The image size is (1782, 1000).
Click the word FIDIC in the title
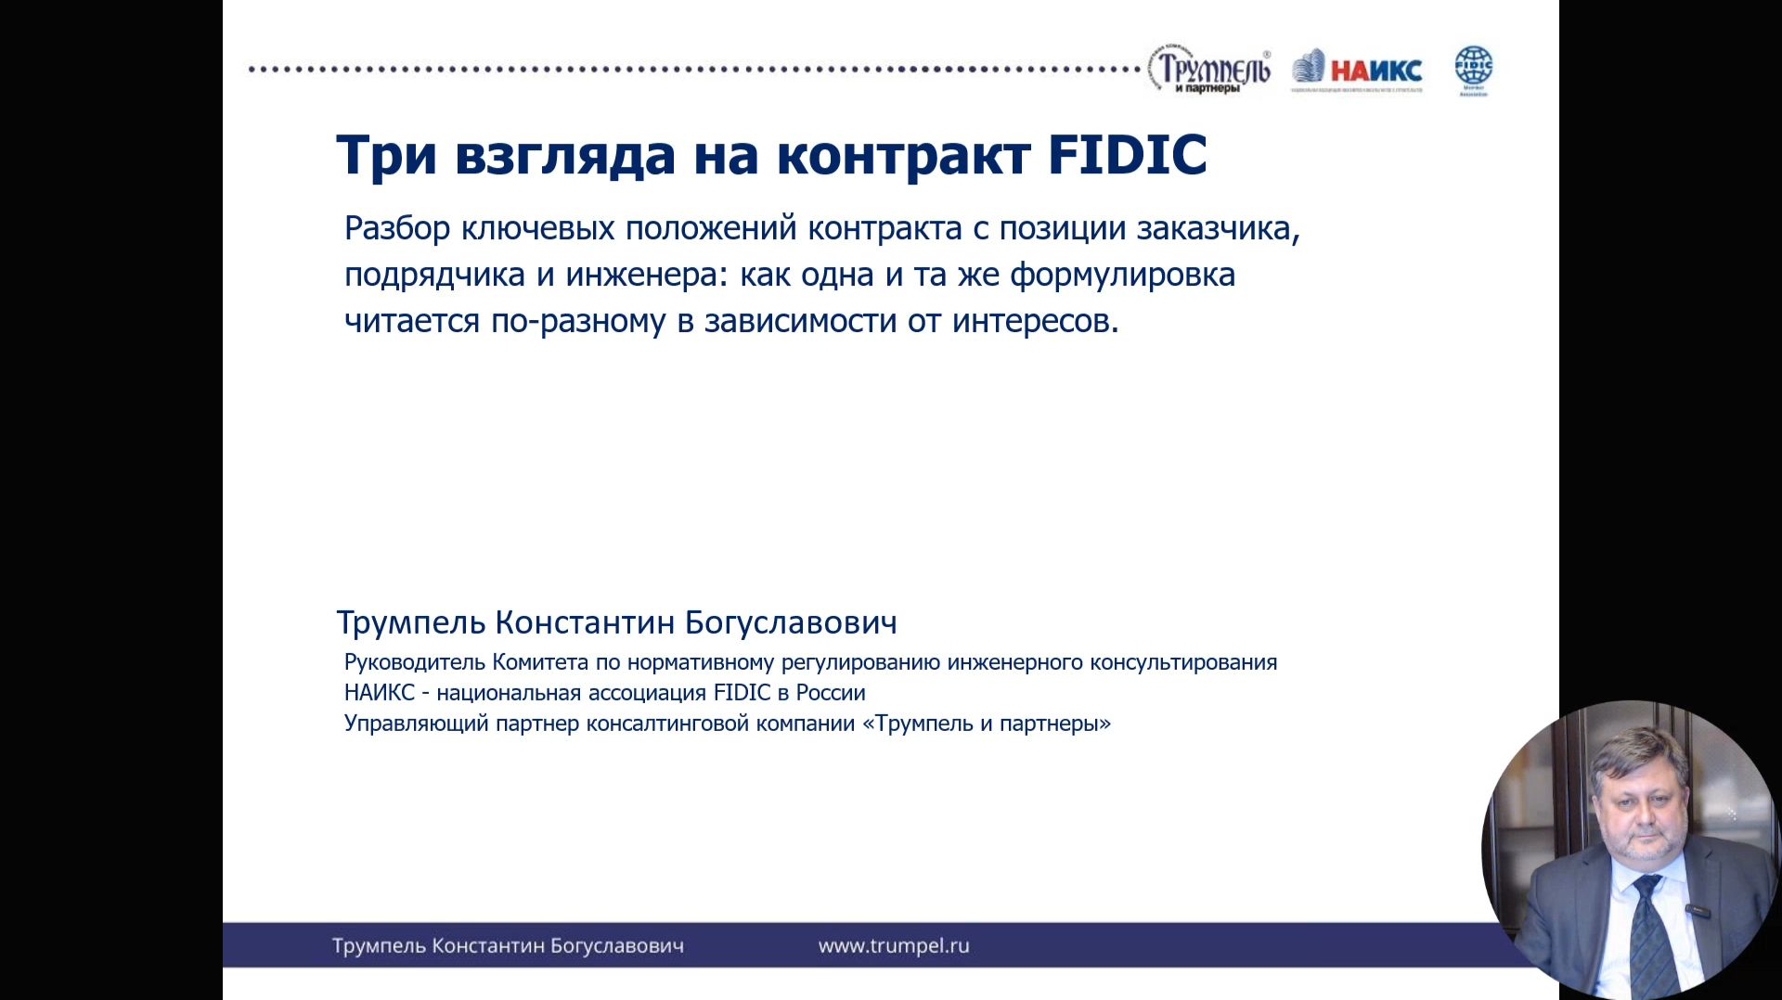[x=1127, y=154]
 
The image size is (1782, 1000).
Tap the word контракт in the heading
[x=903, y=154]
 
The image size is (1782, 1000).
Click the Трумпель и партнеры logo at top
[x=1209, y=71]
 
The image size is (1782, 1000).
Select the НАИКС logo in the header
[x=1357, y=71]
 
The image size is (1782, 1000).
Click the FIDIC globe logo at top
[x=1473, y=70]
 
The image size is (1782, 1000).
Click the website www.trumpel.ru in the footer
[x=893, y=945]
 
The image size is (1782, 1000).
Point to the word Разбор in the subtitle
[x=397, y=228]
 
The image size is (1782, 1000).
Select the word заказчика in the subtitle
[x=1217, y=228]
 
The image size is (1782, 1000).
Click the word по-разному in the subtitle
[x=578, y=321]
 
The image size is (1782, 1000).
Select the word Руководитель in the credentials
[x=415, y=662]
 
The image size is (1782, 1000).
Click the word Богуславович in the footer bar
[x=616, y=945]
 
